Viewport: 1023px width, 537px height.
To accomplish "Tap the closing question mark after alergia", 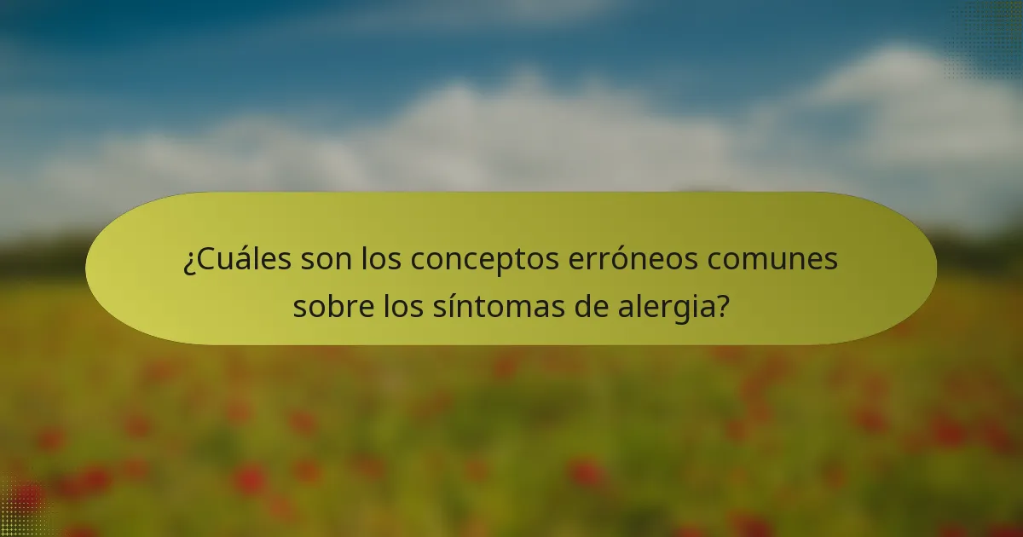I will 723,304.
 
